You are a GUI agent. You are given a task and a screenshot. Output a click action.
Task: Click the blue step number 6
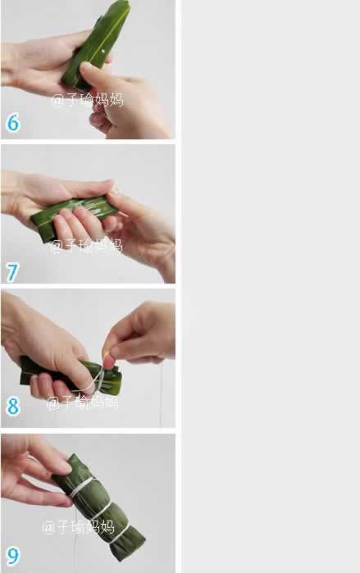coord(13,122)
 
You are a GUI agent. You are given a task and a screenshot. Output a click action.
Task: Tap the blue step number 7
coord(12,273)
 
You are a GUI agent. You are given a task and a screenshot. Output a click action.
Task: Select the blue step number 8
coord(13,406)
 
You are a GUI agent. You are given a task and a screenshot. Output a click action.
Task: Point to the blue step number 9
coord(13,556)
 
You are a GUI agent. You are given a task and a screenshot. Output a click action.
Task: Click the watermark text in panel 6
coord(88,100)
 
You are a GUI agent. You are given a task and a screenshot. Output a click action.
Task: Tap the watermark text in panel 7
coord(86,245)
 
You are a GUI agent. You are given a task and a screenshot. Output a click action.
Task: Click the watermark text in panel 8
coord(82,402)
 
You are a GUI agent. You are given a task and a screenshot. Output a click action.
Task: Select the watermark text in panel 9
coord(78,527)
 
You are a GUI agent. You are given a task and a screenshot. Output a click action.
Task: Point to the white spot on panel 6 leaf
coord(103,52)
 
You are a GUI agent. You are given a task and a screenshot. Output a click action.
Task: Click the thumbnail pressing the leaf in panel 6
coord(84,67)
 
